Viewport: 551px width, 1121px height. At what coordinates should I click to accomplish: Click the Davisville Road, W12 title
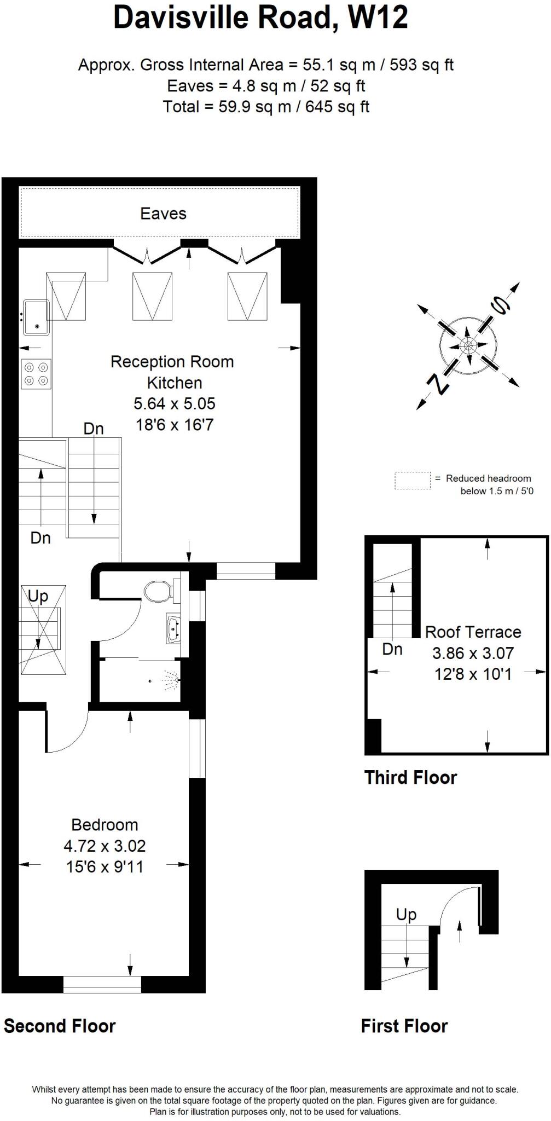[260, 18]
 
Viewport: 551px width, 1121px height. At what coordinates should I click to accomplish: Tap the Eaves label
[163, 213]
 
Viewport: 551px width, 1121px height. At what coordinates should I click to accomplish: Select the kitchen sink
[36, 317]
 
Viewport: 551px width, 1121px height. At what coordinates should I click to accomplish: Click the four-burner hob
[36, 374]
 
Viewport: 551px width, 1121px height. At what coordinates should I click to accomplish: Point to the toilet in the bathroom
[159, 591]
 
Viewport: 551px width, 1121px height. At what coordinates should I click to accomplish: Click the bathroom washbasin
[173, 629]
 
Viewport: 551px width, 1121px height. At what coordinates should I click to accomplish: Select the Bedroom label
[105, 825]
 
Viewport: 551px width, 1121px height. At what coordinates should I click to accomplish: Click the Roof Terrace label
[473, 632]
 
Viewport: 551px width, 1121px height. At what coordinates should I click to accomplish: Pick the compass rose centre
[468, 346]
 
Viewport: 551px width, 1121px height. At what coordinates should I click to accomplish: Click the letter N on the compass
[438, 384]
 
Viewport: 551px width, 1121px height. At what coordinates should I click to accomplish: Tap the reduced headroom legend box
[413, 481]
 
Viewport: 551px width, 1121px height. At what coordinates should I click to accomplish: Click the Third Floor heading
[410, 778]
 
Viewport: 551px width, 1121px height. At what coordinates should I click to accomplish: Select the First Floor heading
[404, 1026]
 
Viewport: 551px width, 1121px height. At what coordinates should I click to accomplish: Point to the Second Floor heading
[60, 1026]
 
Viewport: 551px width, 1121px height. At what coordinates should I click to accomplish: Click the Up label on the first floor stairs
[406, 915]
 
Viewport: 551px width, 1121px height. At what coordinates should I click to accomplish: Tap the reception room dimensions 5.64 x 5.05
[175, 404]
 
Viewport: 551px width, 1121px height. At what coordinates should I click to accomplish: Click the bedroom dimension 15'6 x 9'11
[105, 867]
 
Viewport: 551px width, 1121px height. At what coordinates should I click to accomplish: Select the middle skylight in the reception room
[153, 296]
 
